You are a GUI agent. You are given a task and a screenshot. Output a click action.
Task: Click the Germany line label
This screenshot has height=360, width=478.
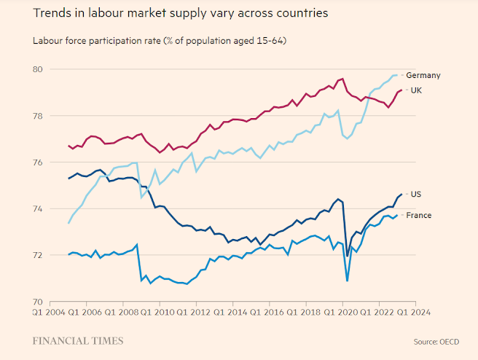point(423,75)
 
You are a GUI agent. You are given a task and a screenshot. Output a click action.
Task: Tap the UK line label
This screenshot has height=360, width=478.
point(417,90)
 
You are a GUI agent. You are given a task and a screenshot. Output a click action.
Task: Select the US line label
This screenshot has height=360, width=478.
point(416,194)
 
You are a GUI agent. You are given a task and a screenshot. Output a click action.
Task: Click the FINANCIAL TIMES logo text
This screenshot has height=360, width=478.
point(78,340)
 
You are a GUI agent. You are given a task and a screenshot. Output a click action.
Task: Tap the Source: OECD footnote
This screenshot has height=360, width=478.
point(437,341)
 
